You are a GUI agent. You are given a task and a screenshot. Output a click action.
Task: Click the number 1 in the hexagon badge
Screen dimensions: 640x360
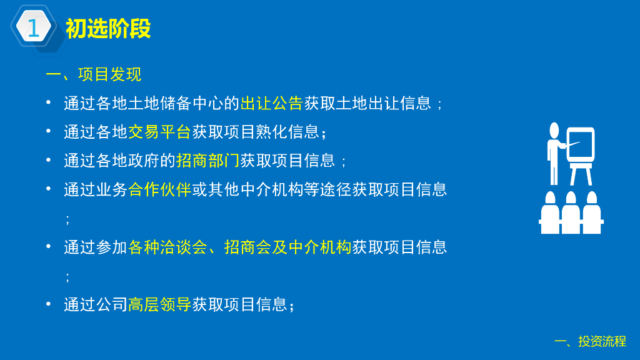33,27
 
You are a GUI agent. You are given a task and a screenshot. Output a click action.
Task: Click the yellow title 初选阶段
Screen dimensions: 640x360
108,29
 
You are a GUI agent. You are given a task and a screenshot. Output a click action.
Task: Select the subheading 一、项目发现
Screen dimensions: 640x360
94,75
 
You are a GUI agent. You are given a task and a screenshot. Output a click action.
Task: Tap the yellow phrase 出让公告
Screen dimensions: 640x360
271,103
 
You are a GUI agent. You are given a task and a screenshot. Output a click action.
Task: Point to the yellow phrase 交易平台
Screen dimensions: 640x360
159,132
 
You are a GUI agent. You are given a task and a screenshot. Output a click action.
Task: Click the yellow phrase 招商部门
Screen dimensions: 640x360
207,161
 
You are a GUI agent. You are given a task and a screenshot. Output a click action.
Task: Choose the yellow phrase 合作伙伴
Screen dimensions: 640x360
159,189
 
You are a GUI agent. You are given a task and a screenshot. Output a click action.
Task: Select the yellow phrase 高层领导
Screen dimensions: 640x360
159,304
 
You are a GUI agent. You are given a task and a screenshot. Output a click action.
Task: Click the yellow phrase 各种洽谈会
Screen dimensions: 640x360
167,247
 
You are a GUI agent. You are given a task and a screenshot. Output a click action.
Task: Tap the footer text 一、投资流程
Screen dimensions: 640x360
590,341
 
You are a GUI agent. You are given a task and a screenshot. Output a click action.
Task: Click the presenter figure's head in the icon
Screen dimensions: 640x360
554,130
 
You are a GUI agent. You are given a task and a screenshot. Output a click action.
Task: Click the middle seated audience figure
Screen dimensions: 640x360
571,212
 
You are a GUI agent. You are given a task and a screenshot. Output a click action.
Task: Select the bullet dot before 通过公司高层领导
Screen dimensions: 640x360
49,304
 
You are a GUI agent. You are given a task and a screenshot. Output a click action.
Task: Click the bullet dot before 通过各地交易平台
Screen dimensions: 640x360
49,131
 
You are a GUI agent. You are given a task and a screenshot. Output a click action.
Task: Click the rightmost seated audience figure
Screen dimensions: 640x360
592,212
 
